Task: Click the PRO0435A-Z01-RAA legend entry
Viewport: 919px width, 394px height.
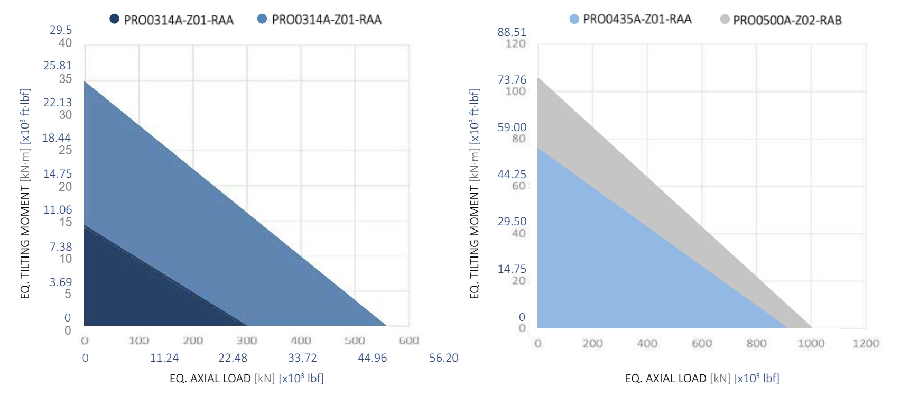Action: click(636, 20)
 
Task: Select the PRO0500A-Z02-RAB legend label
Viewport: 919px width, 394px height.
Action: click(787, 21)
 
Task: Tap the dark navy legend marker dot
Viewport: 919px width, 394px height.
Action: click(114, 20)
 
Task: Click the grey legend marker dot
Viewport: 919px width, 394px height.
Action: click(725, 20)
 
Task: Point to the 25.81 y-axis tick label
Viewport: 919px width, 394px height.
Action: click(58, 66)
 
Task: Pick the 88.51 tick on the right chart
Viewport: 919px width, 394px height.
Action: click(512, 32)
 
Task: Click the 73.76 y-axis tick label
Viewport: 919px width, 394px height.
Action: click(512, 80)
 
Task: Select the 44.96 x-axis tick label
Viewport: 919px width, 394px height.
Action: click(372, 358)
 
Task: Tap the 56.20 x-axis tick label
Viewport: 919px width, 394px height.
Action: click(443, 358)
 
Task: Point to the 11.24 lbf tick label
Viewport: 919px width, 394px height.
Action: click(164, 358)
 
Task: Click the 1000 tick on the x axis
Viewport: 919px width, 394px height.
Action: click(811, 343)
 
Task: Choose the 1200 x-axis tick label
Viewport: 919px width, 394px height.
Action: click(866, 343)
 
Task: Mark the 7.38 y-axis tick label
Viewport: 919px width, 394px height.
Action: click(61, 246)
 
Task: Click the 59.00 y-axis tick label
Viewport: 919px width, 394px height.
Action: click(512, 127)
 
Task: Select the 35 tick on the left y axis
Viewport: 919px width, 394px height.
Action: click(66, 79)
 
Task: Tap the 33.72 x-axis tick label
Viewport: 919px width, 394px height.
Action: click(302, 358)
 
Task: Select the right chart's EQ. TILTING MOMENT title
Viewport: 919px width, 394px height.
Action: click(475, 193)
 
